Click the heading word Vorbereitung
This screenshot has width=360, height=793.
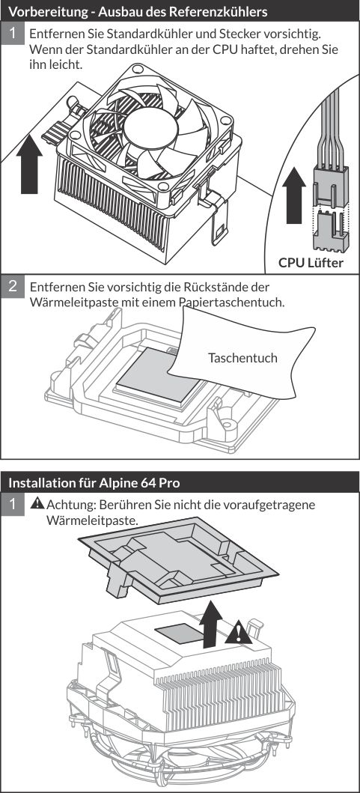coord(44,11)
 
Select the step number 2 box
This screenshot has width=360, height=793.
coord(13,285)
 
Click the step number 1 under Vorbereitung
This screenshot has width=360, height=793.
coord(13,34)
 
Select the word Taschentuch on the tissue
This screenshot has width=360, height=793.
coord(242,358)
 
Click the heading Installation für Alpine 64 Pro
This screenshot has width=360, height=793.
coord(94,481)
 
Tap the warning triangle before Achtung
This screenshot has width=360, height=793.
coord(37,505)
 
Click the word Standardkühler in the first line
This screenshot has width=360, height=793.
coord(120,35)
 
